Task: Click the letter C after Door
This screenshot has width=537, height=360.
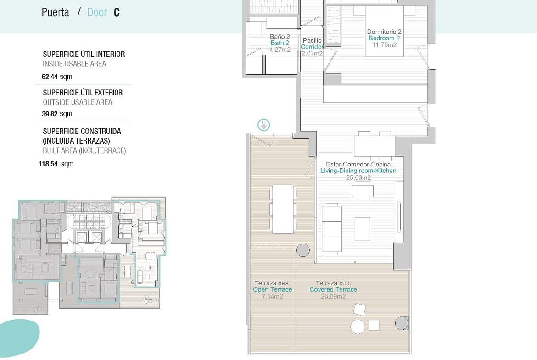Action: (117, 12)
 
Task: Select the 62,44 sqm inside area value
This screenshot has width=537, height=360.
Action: (57, 77)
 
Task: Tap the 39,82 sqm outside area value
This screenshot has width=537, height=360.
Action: (57, 114)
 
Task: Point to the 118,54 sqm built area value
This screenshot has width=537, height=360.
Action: (56, 164)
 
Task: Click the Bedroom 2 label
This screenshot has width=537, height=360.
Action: (384, 38)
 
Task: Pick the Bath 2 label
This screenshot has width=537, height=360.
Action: (280, 43)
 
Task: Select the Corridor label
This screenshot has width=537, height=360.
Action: (312, 47)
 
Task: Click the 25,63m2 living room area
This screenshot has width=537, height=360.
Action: (358, 177)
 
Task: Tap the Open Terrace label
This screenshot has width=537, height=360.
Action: (273, 289)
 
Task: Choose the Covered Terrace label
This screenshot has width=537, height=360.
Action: (333, 289)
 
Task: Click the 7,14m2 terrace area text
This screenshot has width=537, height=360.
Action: (273, 296)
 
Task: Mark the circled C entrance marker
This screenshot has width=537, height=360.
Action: (264, 125)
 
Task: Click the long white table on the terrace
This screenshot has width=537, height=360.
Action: (283, 209)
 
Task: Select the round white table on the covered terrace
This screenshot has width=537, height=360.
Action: (358, 327)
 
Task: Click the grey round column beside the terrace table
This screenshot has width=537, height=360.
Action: (303, 250)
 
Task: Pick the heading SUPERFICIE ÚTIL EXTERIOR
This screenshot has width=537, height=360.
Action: (83, 92)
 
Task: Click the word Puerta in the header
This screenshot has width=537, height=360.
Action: (55, 12)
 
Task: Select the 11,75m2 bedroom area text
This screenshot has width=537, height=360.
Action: (384, 45)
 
